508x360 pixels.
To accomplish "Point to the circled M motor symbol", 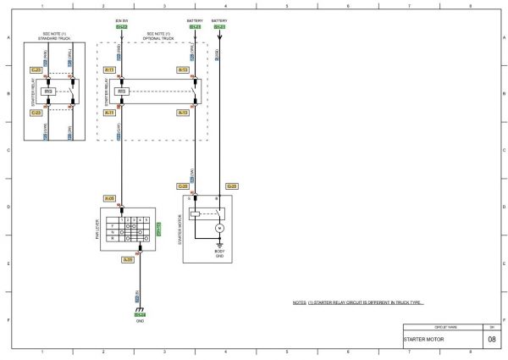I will point(218,229).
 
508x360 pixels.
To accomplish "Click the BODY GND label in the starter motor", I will point(218,253).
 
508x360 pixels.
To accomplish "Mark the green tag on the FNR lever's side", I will point(159,228).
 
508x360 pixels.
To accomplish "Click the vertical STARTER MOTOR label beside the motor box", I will point(179,230).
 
